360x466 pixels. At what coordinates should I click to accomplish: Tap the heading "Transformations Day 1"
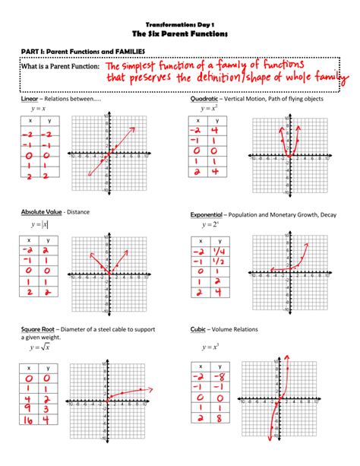click(179, 24)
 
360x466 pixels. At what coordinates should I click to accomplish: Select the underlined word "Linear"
click(30, 100)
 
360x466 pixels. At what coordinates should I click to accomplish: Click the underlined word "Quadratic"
click(204, 100)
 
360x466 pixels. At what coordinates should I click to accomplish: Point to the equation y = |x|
click(39, 224)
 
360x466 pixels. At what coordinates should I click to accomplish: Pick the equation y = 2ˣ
click(210, 225)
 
